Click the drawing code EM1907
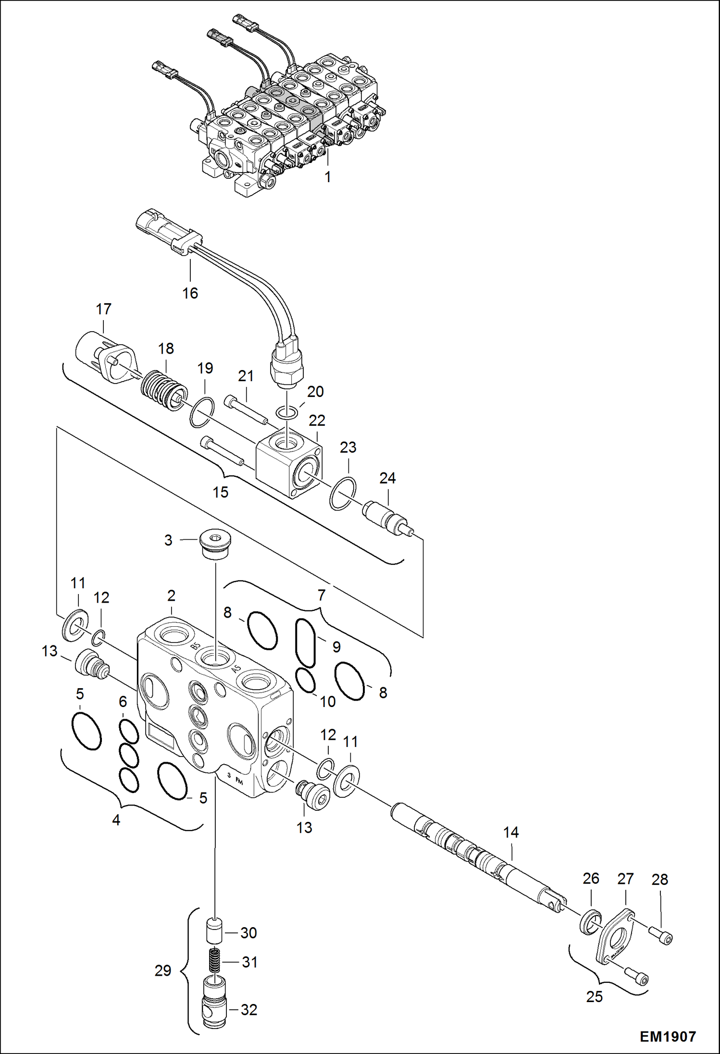pos(667,1036)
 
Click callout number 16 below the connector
pos(190,293)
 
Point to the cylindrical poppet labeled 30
pos(215,931)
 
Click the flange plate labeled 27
pos(616,935)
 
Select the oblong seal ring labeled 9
pos(305,643)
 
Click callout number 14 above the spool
pos(510,832)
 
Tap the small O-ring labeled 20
pos(287,412)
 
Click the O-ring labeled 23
pos(343,494)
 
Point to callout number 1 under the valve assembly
pos(327,177)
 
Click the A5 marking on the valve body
pos(237,668)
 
